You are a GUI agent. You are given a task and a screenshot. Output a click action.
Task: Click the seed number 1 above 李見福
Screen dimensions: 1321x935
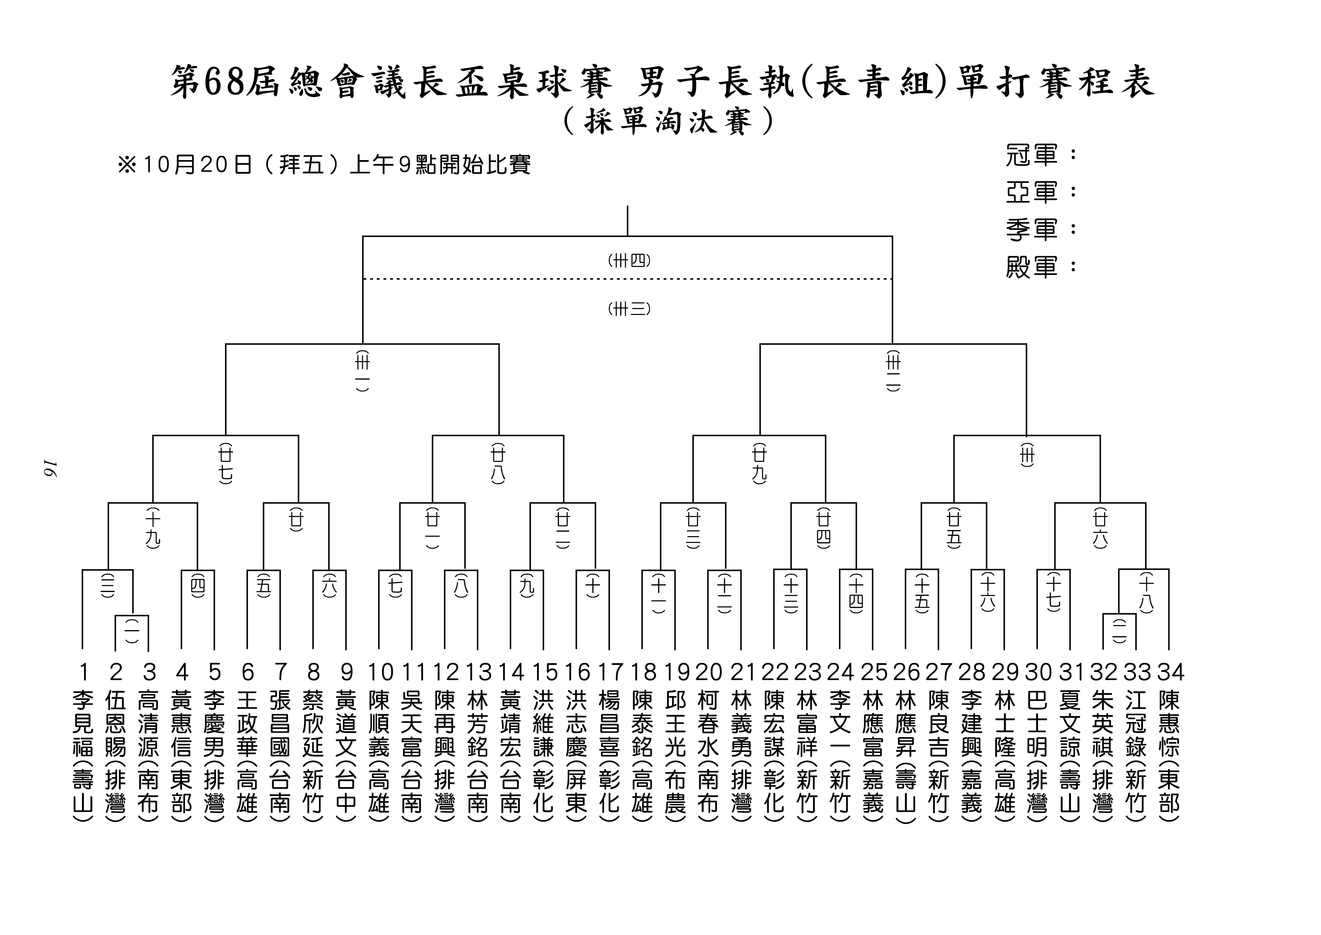click(83, 672)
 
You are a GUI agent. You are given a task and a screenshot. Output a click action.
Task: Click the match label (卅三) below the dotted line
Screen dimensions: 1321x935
click(629, 309)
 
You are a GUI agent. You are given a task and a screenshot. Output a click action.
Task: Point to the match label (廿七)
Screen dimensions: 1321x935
click(226, 463)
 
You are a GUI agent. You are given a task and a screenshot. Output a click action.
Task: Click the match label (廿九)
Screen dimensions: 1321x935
click(759, 463)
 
